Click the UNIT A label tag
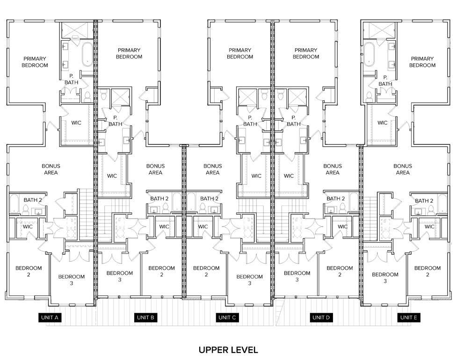tap(50, 317)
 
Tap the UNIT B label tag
tap(145, 317)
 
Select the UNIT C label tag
tap(228, 317)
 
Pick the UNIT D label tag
tap(321, 317)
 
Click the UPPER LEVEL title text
tap(228, 350)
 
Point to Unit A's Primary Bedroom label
tap(35, 62)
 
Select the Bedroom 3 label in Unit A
tap(72, 280)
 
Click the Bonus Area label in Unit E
tap(403, 169)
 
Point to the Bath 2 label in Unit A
tap(33, 200)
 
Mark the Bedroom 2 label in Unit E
tap(427, 272)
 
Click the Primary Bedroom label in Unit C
tap(240, 53)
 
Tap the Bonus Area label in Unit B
tap(155, 169)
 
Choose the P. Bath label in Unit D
tap(293, 121)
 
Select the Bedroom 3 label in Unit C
tap(250, 280)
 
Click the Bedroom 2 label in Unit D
tap(340, 272)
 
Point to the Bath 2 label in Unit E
tap(424, 201)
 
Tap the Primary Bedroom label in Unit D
tap(306, 53)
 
